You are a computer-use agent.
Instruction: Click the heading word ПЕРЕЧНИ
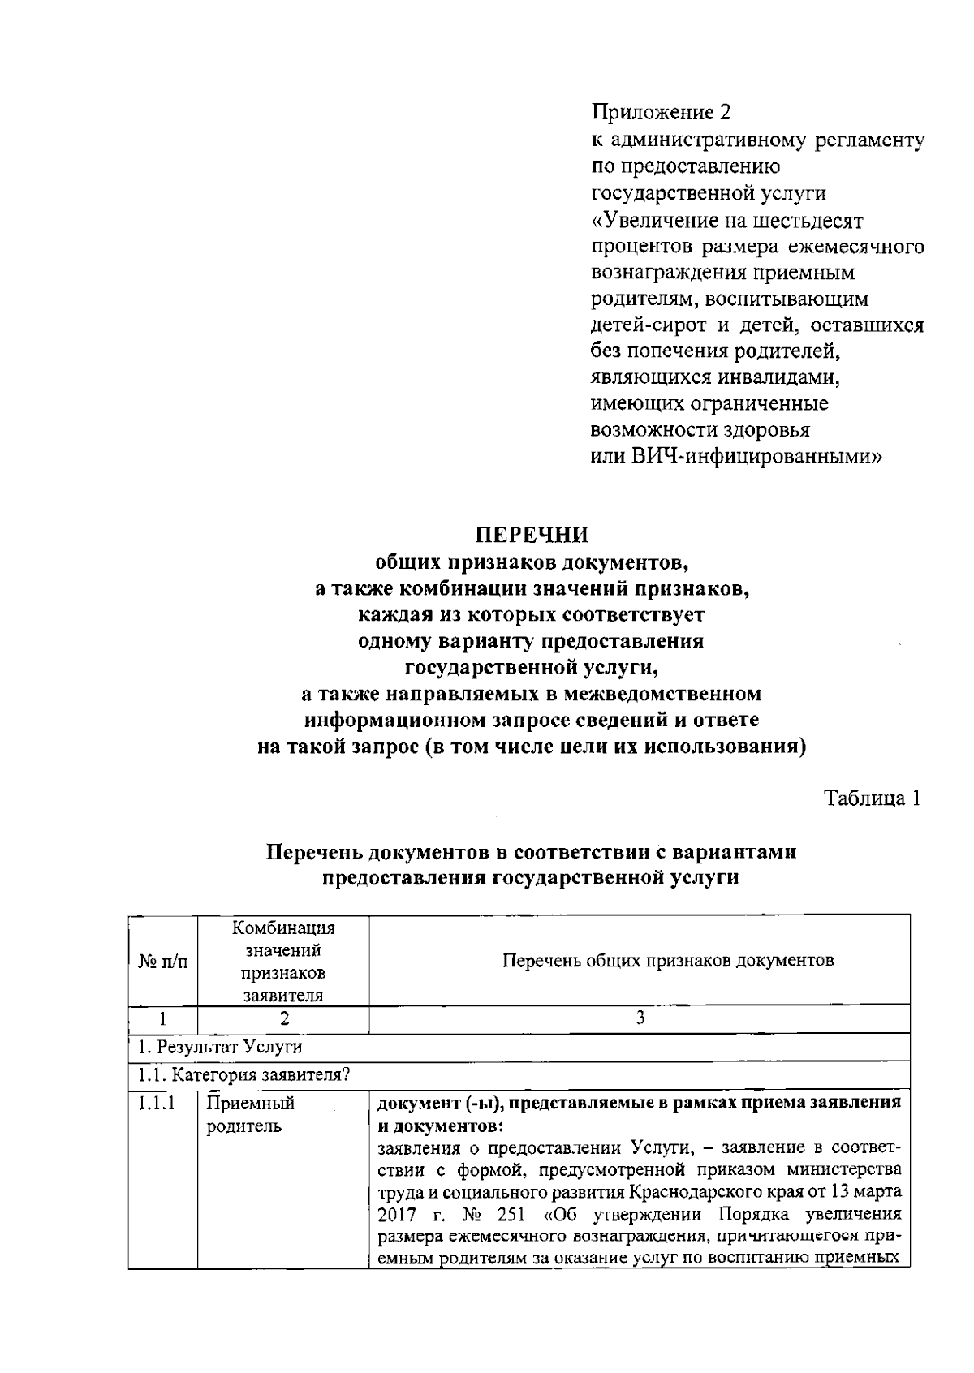tap(531, 536)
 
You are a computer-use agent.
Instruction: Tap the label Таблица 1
tap(873, 798)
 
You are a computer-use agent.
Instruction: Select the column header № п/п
tap(163, 962)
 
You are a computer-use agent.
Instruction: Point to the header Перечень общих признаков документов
tap(668, 961)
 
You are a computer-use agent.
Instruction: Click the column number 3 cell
tap(640, 1018)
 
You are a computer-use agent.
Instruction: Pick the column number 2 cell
tap(283, 1018)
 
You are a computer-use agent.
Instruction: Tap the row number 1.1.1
tap(156, 1104)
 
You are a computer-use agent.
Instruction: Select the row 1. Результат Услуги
tap(218, 1047)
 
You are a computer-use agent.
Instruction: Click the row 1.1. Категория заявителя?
tap(243, 1076)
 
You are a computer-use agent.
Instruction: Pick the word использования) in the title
tap(725, 747)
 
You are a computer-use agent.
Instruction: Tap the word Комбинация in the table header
tap(283, 928)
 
